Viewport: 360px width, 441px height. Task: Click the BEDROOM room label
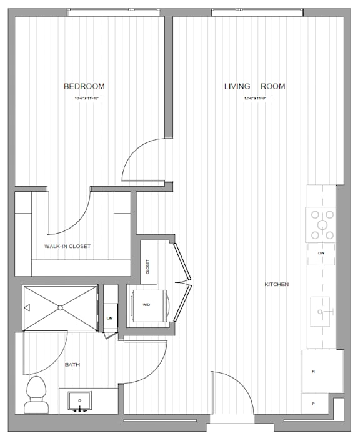[x=84, y=86]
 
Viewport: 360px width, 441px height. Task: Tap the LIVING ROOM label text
[x=254, y=86]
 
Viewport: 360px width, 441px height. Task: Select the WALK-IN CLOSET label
[x=67, y=246]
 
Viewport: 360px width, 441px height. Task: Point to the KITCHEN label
[x=276, y=285]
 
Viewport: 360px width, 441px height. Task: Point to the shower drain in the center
[x=60, y=307]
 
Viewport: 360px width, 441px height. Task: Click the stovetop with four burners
[x=321, y=225]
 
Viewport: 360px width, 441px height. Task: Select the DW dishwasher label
[x=321, y=254]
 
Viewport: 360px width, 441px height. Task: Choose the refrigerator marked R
[x=322, y=371]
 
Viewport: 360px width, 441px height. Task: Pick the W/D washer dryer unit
[x=149, y=305]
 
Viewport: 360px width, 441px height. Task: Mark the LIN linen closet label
[x=110, y=318]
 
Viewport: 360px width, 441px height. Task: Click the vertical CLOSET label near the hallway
[x=148, y=267]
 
